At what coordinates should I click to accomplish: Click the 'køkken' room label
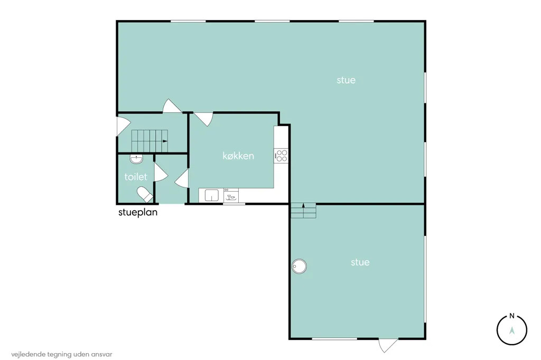pos(238,156)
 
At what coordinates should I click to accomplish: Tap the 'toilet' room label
pos(136,177)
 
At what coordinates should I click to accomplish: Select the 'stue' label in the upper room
pos(346,80)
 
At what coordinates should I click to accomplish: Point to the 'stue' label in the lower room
pos(360,262)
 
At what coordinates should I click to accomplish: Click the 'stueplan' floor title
pos(138,212)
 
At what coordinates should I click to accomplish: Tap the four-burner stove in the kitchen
pos(281,156)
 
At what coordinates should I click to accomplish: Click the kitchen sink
pos(211,195)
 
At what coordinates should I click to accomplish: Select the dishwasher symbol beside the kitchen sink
pos(231,195)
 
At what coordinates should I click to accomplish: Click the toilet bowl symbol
pos(145,194)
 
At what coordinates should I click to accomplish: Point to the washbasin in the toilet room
pos(137,159)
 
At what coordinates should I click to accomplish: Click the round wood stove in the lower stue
pos(299,266)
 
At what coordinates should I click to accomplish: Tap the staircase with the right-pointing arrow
pos(150,141)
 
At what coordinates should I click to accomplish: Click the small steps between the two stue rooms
pos(303,211)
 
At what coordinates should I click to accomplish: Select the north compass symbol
pos(511,330)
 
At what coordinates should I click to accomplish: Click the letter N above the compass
pos(512,316)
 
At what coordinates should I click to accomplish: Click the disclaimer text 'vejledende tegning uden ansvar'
pos(62,354)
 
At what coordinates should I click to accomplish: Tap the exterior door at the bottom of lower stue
pos(388,345)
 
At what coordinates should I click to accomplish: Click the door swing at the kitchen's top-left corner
pos(204,119)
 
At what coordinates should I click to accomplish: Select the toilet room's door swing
pos(160,172)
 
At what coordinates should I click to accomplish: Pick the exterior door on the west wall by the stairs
pos(123,126)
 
